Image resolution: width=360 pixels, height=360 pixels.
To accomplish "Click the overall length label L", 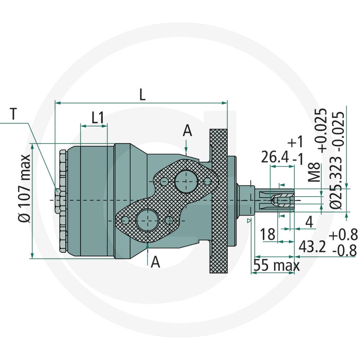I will click(x=142, y=94).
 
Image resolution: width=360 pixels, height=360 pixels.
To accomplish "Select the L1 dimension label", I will click(x=98, y=117).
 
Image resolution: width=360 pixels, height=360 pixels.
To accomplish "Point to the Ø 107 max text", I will click(x=25, y=188).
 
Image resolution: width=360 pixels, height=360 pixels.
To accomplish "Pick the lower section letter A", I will click(x=155, y=261).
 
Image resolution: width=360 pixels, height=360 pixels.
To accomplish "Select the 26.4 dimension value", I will click(x=275, y=157).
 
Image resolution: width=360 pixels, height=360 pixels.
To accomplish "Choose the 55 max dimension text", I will click(x=275, y=265).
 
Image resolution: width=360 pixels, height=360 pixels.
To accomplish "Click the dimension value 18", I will click(x=269, y=234).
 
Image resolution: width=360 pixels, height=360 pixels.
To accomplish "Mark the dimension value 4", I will click(x=309, y=222).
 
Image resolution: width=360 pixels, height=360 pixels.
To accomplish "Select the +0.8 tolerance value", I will click(x=343, y=234).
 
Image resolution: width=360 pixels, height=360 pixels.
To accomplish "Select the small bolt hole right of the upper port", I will click(x=207, y=181).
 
